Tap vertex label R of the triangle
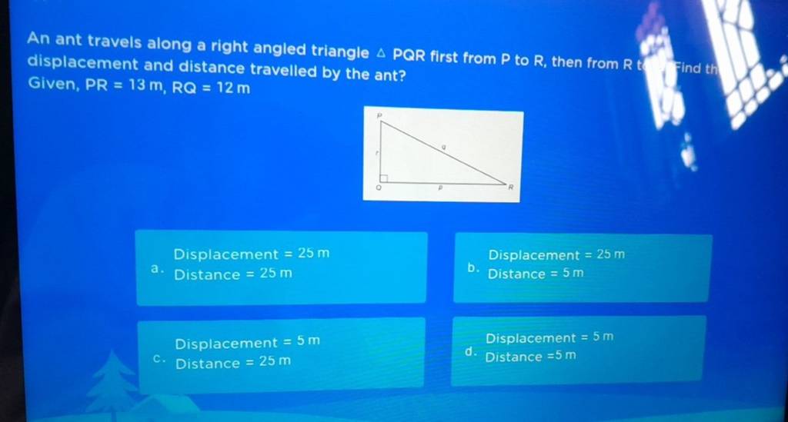pos(508,187)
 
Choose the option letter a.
pos(156,270)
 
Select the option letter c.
pos(159,358)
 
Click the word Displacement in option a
pos(225,254)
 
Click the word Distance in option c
pos(207,363)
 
